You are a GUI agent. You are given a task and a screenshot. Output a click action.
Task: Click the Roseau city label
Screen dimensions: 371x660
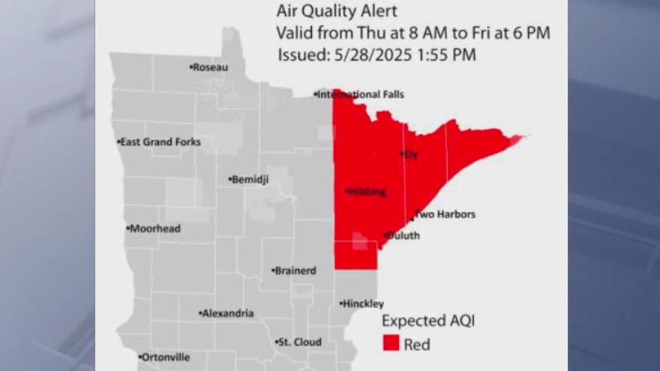click(x=210, y=67)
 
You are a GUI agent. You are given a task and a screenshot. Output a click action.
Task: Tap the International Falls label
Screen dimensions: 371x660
click(x=361, y=94)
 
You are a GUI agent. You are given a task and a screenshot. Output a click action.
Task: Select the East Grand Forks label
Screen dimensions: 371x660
click(x=156, y=142)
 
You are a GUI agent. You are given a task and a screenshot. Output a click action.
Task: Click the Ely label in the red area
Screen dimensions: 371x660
click(x=409, y=154)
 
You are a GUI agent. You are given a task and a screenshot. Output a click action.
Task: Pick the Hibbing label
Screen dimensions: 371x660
click(x=367, y=192)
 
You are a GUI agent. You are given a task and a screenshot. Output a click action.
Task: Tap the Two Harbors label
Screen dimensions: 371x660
click(x=445, y=215)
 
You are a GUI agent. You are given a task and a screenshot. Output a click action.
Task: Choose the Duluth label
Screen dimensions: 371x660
click(x=403, y=235)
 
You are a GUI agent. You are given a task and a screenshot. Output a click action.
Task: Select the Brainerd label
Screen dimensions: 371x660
click(x=295, y=271)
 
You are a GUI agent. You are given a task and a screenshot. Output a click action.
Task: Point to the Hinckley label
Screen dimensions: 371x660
click(x=363, y=304)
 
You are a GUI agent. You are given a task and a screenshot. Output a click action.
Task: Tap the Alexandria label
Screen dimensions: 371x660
click(x=226, y=313)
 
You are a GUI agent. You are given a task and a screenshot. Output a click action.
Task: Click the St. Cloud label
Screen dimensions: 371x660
click(x=299, y=342)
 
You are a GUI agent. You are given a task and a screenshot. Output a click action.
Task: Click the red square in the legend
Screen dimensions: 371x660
click(x=391, y=343)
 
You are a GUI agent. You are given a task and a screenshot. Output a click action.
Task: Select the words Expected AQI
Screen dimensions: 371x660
click(x=428, y=321)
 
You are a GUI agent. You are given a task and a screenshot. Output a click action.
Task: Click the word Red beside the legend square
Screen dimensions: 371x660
click(x=417, y=345)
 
